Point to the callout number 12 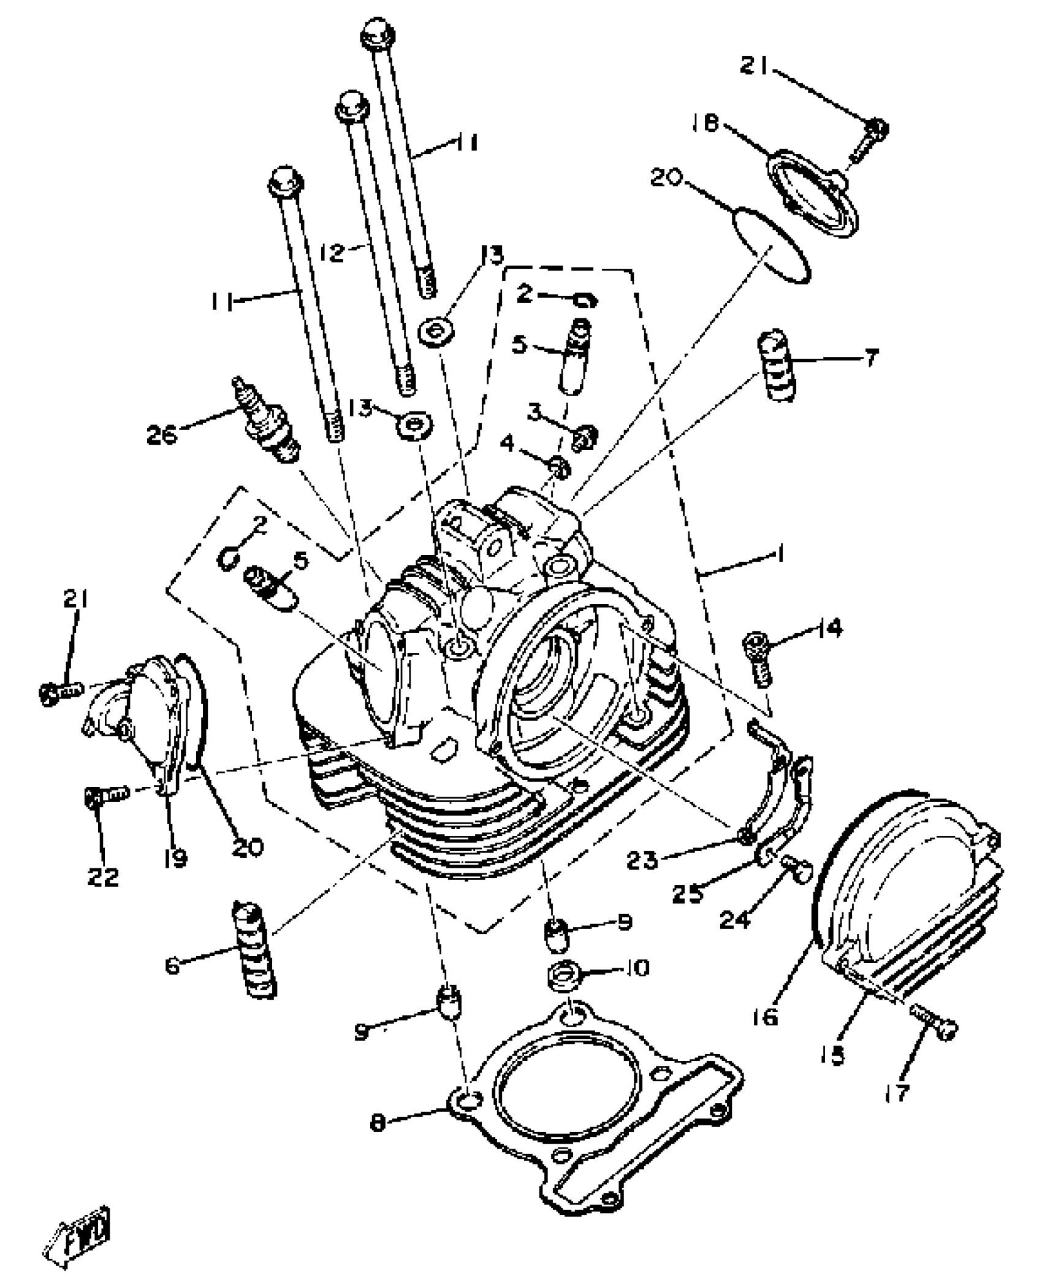click(332, 251)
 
